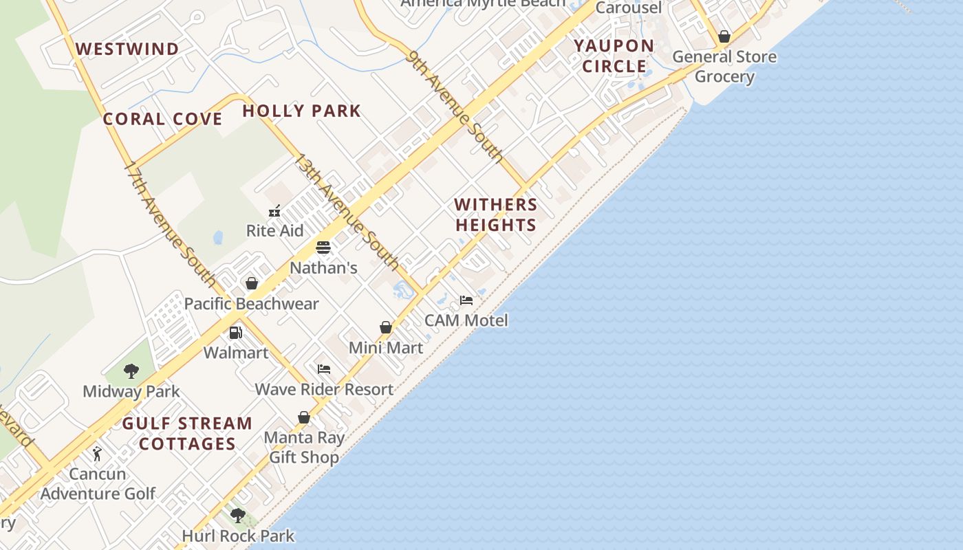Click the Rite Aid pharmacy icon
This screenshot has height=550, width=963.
click(274, 211)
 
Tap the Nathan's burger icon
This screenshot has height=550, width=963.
click(323, 247)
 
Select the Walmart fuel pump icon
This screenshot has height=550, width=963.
click(236, 333)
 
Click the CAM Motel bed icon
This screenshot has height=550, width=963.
click(466, 300)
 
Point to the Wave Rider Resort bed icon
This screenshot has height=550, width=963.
click(324, 369)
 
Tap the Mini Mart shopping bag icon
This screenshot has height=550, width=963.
click(386, 327)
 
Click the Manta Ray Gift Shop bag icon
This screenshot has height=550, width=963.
click(304, 417)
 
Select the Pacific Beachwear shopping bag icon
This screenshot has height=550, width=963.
click(252, 283)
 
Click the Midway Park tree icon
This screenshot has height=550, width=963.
click(131, 371)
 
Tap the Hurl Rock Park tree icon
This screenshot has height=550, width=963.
click(238, 515)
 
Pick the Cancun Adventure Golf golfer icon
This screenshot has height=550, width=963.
click(97, 454)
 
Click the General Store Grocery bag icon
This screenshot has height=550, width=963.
click(724, 36)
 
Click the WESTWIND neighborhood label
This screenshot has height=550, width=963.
click(127, 49)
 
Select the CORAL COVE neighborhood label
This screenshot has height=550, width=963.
click(162, 119)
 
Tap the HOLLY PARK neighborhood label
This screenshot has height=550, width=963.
click(301, 111)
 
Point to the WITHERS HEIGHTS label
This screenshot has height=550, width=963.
click(496, 214)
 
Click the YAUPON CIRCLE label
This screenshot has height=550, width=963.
click(614, 56)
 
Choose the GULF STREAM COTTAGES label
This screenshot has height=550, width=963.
click(187, 433)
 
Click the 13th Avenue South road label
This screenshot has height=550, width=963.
click(347, 211)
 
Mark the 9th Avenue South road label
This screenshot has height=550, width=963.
click(455, 106)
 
